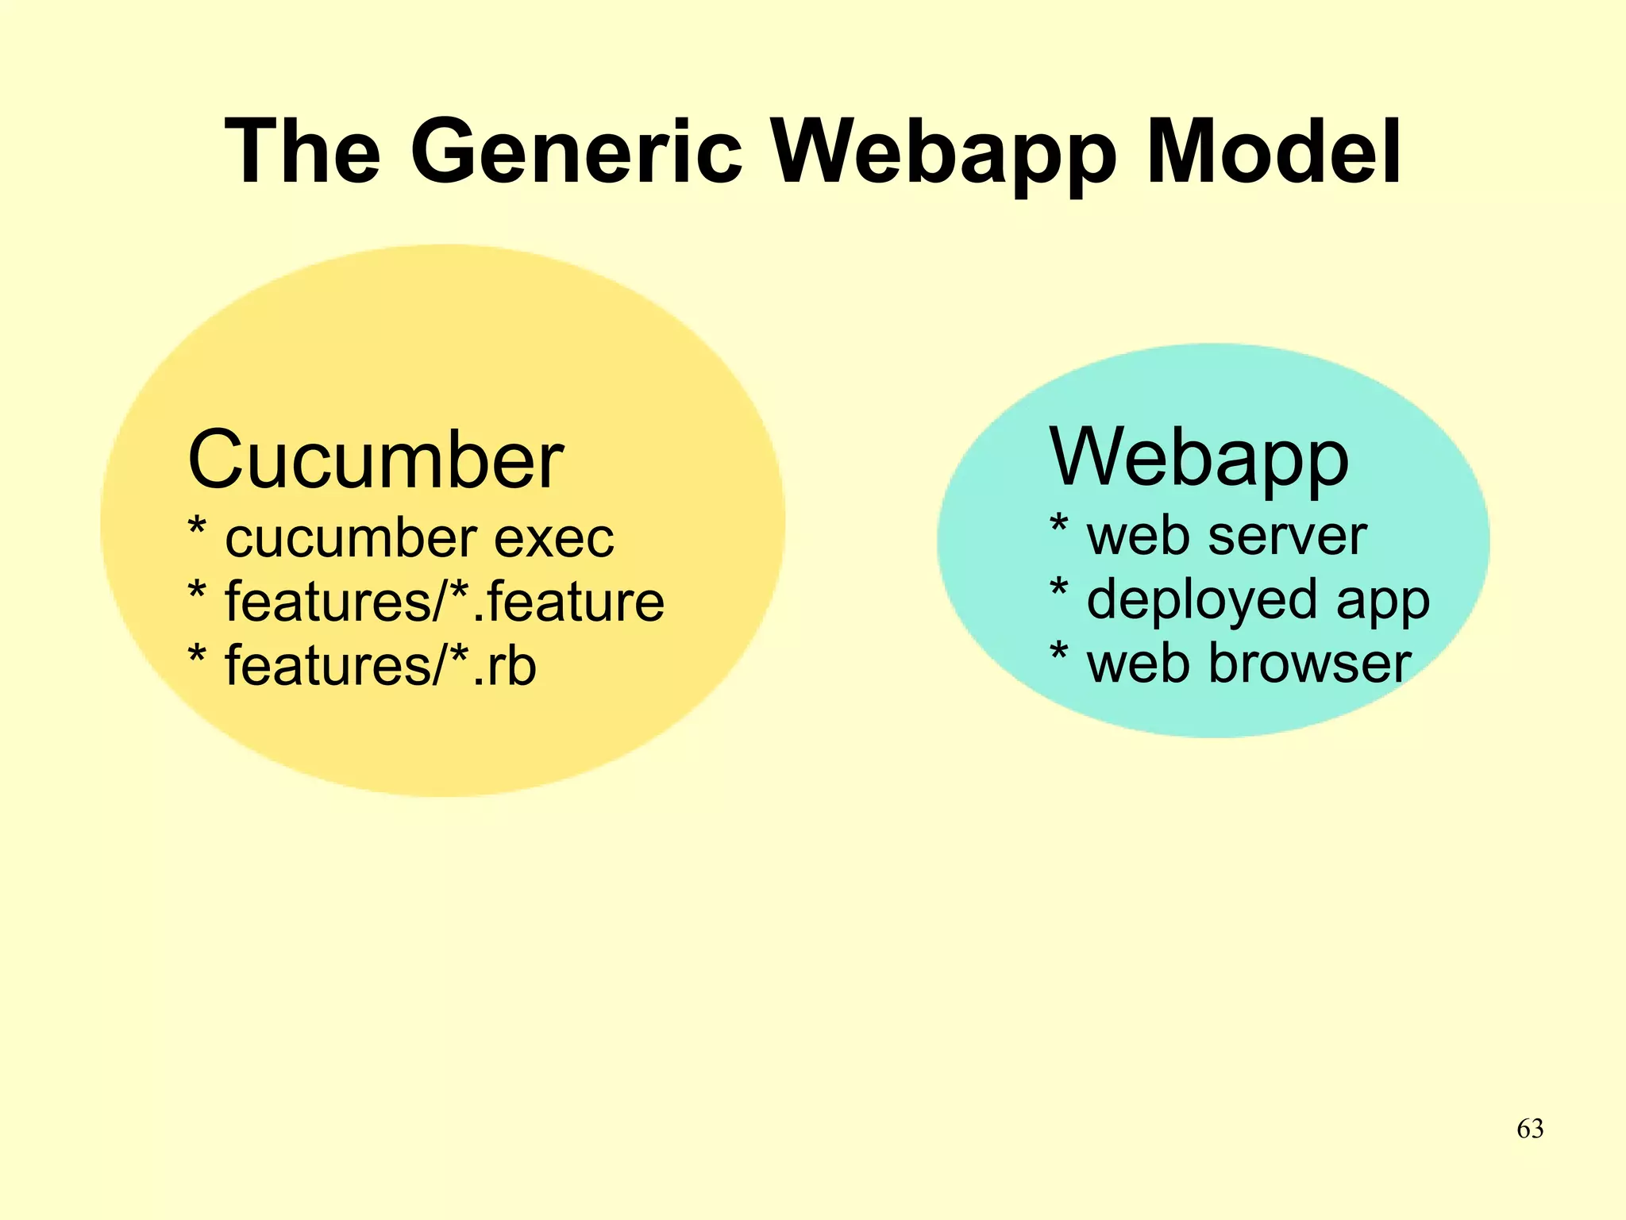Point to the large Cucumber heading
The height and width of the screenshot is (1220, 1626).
coord(376,460)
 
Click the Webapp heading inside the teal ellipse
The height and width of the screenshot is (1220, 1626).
coord(1199,458)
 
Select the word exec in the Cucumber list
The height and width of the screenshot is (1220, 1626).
coord(554,539)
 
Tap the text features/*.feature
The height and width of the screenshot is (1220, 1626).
coord(445,601)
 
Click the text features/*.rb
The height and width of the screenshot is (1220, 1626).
coord(380,665)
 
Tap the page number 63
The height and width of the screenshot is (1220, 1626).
coord(1530,1129)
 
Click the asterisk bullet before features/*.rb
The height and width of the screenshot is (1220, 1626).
coord(197,656)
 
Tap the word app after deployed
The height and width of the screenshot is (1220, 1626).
coord(1383,602)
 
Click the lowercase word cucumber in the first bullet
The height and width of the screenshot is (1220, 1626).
coord(350,539)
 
